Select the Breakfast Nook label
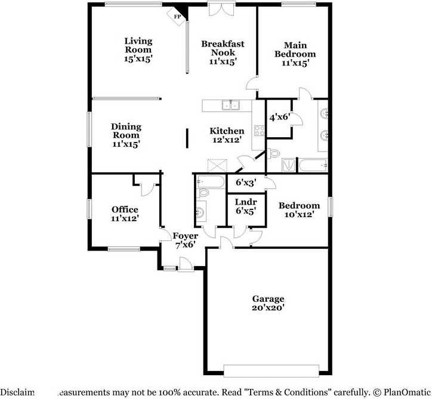223,52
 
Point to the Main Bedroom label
295,54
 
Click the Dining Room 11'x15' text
126,135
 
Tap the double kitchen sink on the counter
230,106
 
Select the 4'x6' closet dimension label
279,117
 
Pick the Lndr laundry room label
245,206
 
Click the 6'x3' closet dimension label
246,183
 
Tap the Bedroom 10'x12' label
299,210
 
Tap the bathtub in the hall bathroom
209,181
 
